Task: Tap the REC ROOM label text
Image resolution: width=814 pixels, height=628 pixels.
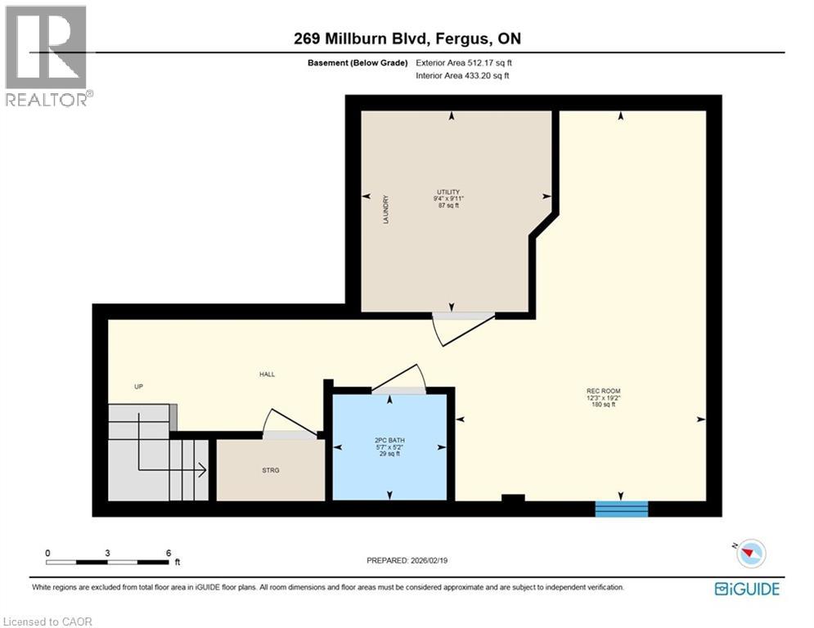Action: (x=603, y=391)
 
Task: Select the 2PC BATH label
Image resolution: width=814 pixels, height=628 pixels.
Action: (x=389, y=441)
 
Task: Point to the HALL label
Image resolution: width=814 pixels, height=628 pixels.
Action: (x=267, y=375)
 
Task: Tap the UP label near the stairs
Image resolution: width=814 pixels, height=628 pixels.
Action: (x=139, y=386)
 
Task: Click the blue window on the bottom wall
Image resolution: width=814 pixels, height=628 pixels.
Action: (x=621, y=509)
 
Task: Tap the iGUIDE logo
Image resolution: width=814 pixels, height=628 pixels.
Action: (x=746, y=589)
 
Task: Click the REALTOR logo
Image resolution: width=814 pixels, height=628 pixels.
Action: (x=47, y=56)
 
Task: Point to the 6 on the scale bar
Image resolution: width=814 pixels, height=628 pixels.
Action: (x=168, y=552)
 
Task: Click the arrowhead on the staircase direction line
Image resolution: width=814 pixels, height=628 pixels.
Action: (x=201, y=469)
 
